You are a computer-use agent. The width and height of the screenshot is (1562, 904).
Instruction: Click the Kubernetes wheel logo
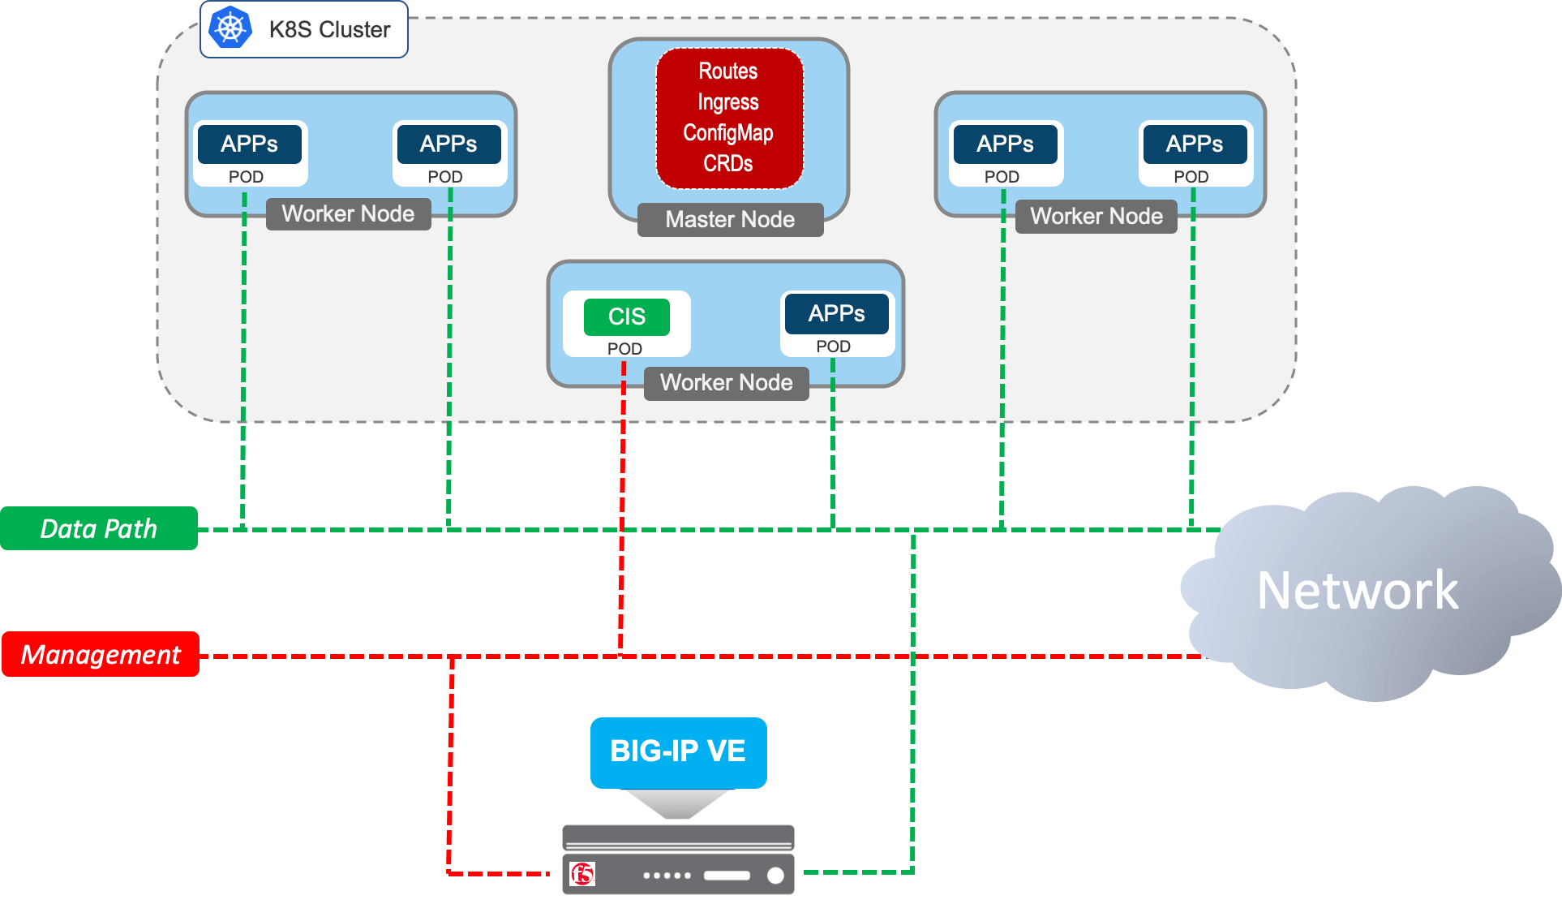click(x=230, y=28)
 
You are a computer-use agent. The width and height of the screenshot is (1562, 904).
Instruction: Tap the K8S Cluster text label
click(x=329, y=30)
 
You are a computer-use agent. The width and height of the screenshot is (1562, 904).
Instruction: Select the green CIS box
click(x=627, y=316)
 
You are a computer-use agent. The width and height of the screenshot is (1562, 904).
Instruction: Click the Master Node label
click(x=730, y=220)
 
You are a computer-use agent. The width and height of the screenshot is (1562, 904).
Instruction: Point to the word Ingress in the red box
click(x=728, y=102)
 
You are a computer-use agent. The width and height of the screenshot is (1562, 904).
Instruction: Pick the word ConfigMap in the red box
click(x=728, y=133)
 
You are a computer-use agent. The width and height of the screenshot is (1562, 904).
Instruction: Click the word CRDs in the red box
click(x=728, y=164)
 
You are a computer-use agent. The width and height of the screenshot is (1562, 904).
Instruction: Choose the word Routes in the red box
click(x=728, y=71)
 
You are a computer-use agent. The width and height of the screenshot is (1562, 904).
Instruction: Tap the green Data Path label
click(x=99, y=528)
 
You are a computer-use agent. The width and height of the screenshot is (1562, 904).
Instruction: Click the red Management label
click(x=101, y=654)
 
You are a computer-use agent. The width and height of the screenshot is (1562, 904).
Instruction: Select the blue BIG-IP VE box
click(x=678, y=751)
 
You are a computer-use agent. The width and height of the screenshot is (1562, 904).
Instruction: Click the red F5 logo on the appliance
click(x=582, y=874)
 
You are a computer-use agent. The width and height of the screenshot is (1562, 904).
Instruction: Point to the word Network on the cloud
click(x=1357, y=590)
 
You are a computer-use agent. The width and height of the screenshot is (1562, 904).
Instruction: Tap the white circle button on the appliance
click(x=775, y=875)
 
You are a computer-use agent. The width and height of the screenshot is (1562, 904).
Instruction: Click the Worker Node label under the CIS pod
click(x=727, y=383)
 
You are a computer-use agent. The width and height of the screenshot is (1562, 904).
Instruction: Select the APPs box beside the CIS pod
click(x=836, y=314)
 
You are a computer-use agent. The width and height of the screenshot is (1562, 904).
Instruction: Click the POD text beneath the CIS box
click(x=624, y=349)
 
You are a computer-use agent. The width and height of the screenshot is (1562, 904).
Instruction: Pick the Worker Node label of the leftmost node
click(x=348, y=214)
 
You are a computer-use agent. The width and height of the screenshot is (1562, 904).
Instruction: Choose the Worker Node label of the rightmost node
click(x=1096, y=217)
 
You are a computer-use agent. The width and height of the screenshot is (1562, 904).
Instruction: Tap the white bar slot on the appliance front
click(x=727, y=876)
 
